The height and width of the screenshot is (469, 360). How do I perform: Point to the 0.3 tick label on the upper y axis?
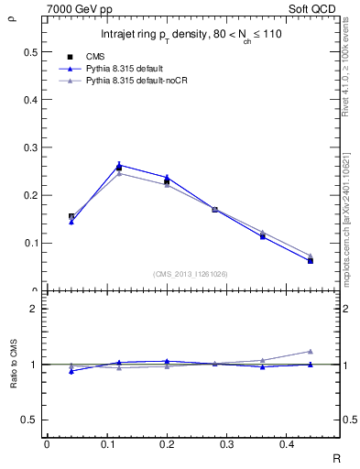point(30,147)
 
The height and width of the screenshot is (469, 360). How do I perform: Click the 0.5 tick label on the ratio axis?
point(30,420)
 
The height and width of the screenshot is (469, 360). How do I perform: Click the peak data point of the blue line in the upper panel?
point(119,165)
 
